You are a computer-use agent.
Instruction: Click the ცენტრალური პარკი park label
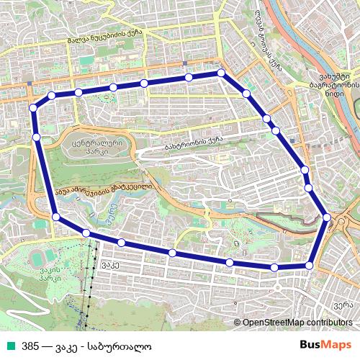pos(93,148)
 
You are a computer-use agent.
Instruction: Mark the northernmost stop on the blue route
pos(221,73)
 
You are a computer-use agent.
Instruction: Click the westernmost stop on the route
pos(32,108)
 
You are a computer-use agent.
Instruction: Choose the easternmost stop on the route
pos(327,217)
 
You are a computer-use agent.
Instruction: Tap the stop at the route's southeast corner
pos(310,266)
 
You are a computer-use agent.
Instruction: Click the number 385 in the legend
pos(30,346)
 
